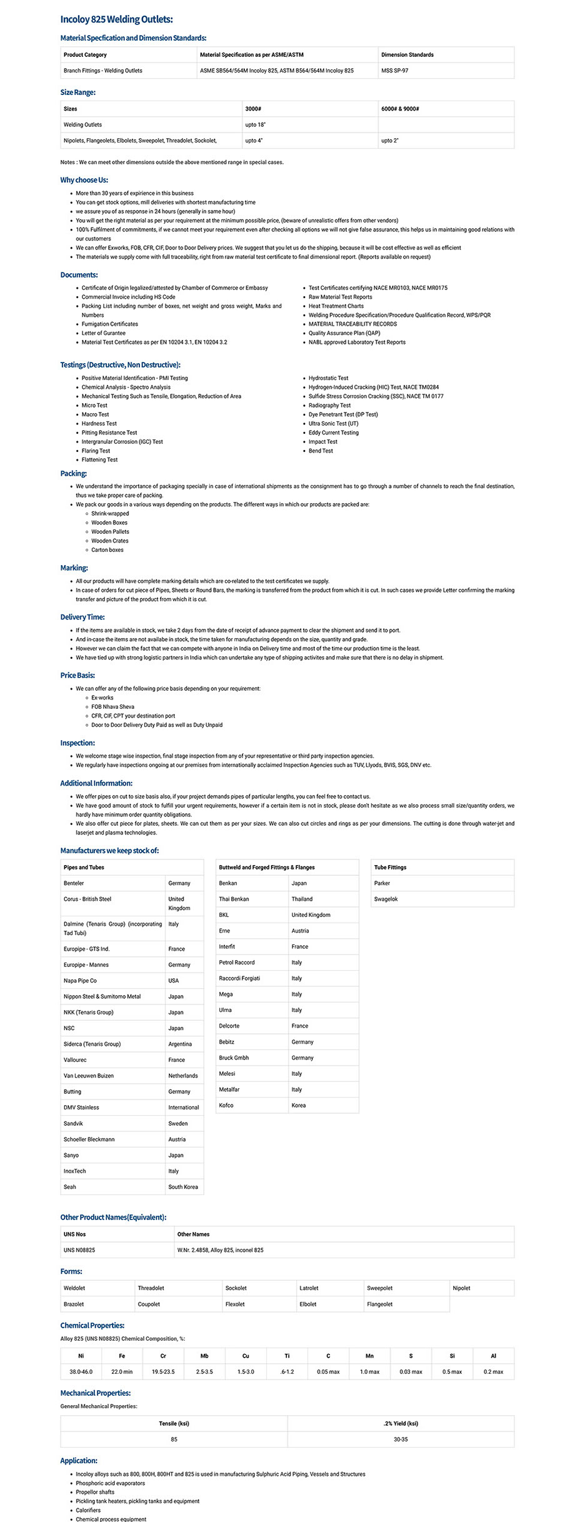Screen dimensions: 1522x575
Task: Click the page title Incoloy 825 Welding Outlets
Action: pyautogui.click(x=116, y=19)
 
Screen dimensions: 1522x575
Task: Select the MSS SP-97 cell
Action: pyautogui.click(x=394, y=71)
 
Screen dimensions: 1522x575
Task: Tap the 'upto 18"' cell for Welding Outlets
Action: pyautogui.click(x=255, y=125)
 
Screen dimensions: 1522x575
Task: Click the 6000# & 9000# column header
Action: pyautogui.click(x=400, y=109)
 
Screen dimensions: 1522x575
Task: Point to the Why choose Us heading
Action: pyautogui.click(x=84, y=180)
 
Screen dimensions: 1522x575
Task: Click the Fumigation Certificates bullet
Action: pyautogui.click(x=109, y=324)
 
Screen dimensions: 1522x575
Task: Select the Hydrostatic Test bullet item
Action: pyautogui.click(x=328, y=378)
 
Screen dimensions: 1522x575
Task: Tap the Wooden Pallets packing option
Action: pyautogui.click(x=110, y=532)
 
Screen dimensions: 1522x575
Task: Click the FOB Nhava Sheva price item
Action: pyautogui.click(x=112, y=707)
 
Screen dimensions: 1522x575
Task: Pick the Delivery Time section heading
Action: pyautogui.click(x=82, y=617)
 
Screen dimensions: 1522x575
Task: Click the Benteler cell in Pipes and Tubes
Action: pyautogui.click(x=74, y=883)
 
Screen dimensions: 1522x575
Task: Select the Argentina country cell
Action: pyautogui.click(x=180, y=1044)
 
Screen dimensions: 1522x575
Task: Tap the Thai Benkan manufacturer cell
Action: pyautogui.click(x=234, y=899)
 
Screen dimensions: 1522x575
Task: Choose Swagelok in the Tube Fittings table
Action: pyautogui.click(x=386, y=899)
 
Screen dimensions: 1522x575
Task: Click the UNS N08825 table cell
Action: pyautogui.click(x=79, y=1250)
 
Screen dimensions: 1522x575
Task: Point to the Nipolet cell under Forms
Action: pyautogui.click(x=461, y=1288)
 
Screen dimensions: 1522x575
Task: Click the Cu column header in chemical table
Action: pyautogui.click(x=246, y=1356)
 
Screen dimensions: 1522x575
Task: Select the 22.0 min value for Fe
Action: pyautogui.click(x=122, y=1371)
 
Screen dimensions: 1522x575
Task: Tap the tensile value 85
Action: pyautogui.click(x=174, y=1439)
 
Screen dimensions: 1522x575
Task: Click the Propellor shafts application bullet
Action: pyautogui.click(x=95, y=1492)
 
